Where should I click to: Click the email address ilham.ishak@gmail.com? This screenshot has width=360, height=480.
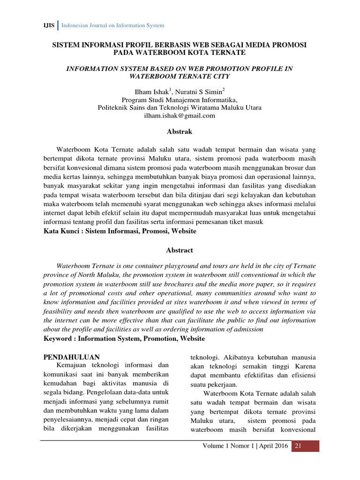click(180, 115)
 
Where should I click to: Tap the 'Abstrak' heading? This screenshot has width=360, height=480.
click(180, 132)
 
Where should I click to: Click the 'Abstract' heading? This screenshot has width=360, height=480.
click(180, 250)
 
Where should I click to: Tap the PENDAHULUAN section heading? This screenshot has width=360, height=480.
click(71, 357)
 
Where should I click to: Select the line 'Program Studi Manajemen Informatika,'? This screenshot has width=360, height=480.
click(180, 100)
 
